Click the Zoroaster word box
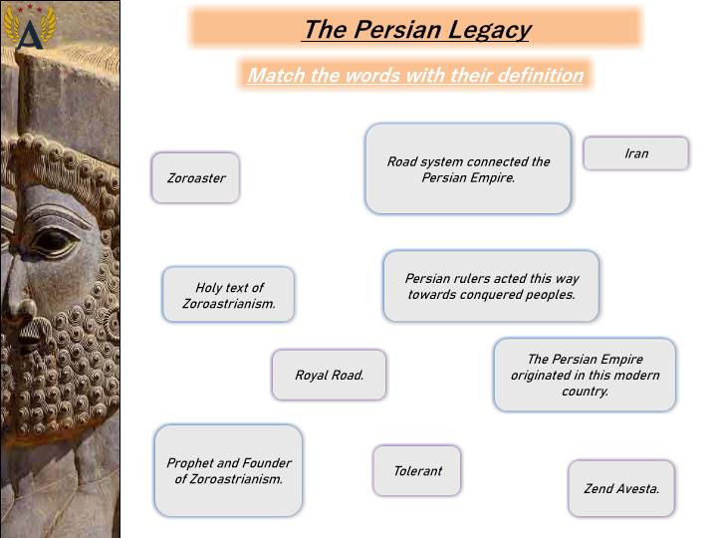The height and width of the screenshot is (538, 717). pyautogui.click(x=196, y=177)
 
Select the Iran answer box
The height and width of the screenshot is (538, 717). pyautogui.click(x=636, y=153)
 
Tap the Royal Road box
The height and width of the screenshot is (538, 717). pyautogui.click(x=329, y=375)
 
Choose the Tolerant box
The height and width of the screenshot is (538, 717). pyautogui.click(x=417, y=470)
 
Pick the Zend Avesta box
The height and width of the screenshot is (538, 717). pyautogui.click(x=621, y=488)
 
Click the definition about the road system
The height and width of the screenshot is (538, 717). pyautogui.click(x=468, y=168)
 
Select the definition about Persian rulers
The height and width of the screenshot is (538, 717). pyautogui.click(x=492, y=286)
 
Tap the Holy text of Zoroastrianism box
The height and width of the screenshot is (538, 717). pyautogui.click(x=229, y=295)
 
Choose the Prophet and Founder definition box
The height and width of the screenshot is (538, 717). pyautogui.click(x=229, y=470)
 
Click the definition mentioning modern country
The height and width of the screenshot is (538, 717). pyautogui.click(x=585, y=375)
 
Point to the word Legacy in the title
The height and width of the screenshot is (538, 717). pyautogui.click(x=489, y=30)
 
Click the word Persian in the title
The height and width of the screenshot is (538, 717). pyautogui.click(x=397, y=29)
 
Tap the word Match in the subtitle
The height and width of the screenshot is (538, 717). pyautogui.click(x=276, y=75)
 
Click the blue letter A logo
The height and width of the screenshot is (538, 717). pyautogui.click(x=30, y=34)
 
